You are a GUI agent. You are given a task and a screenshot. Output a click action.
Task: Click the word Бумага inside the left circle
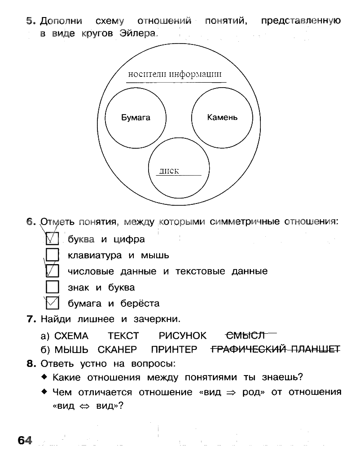136,118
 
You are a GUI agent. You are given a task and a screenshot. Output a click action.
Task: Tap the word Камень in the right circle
222,118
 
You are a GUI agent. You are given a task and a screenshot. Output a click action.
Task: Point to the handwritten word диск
169,171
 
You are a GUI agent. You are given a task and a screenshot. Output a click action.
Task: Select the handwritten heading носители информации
175,75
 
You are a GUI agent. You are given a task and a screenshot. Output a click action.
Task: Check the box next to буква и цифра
53,239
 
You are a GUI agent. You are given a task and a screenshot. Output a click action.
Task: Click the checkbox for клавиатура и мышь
53,255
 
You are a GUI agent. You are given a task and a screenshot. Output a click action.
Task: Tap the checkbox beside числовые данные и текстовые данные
53,271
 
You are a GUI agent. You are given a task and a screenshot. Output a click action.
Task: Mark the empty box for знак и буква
53,287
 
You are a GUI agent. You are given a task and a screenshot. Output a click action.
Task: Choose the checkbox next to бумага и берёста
53,303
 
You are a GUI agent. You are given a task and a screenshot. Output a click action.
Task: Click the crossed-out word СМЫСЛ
246,336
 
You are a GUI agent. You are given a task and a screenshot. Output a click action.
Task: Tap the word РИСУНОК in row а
183,336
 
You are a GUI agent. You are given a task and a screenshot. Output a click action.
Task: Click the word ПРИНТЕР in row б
174,349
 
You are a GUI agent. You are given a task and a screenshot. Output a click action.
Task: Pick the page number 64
26,440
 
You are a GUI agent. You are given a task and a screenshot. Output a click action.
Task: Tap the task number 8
31,363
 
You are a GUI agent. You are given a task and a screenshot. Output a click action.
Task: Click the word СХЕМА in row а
71,336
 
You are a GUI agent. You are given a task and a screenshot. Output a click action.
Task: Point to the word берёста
140,304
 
